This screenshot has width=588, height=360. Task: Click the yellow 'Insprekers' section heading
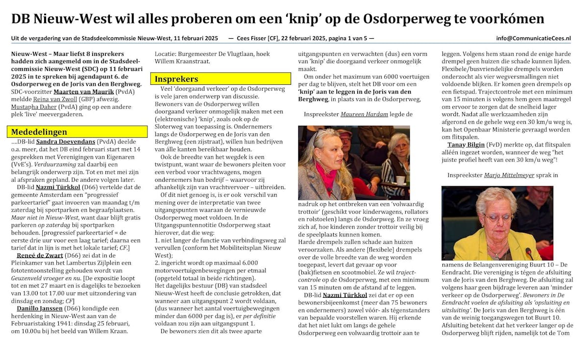point(177,79)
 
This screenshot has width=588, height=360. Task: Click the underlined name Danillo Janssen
point(41,308)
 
